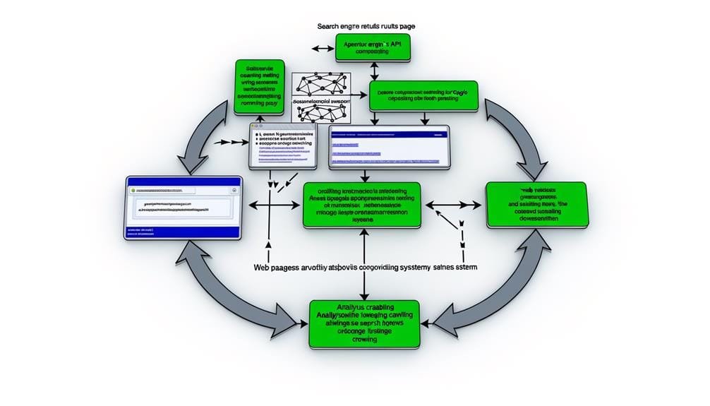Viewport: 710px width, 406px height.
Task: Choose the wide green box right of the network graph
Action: (x=423, y=95)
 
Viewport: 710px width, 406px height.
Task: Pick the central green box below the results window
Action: (x=361, y=205)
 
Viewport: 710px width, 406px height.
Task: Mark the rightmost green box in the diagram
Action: (x=536, y=205)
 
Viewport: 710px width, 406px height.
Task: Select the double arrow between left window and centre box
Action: (x=272, y=206)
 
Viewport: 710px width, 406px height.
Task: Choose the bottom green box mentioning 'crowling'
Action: (x=364, y=323)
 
